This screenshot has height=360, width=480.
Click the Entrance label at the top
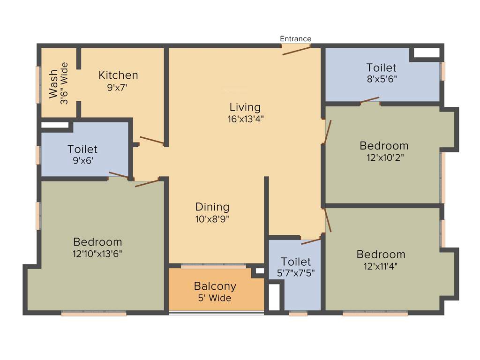(x=295, y=39)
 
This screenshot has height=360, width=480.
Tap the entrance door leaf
(x=296, y=50)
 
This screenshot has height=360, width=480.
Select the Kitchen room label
(x=118, y=75)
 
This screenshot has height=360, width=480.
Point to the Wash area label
(x=53, y=84)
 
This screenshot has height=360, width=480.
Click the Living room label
(x=245, y=107)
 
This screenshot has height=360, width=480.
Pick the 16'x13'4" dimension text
(x=246, y=119)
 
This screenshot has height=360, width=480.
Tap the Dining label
(x=212, y=207)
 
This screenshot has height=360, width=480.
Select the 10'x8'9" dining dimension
(x=212, y=218)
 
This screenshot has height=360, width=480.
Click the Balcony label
(x=215, y=286)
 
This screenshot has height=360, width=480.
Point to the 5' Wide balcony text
(x=215, y=298)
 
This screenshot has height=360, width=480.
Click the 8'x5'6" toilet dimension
(x=382, y=79)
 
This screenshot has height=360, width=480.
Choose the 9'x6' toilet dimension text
(x=82, y=161)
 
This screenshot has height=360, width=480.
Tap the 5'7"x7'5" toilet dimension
(x=296, y=273)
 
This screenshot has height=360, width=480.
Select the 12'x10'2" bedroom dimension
(x=384, y=157)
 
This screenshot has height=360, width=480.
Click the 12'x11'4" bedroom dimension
(x=381, y=266)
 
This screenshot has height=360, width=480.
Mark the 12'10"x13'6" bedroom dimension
(x=97, y=254)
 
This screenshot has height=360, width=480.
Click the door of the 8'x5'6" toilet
(x=370, y=100)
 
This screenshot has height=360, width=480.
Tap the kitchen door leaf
(x=151, y=140)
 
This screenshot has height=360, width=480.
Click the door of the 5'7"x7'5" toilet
(x=311, y=241)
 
